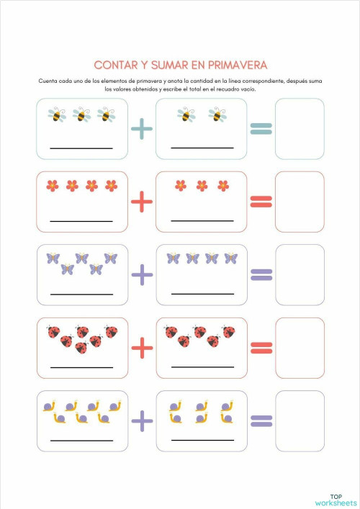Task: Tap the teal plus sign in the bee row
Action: click(x=142, y=130)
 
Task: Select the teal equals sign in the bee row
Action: click(x=261, y=129)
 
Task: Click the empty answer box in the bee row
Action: click(x=300, y=129)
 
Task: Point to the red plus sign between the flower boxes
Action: click(x=142, y=202)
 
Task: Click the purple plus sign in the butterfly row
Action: click(x=142, y=274)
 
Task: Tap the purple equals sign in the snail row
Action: click(x=261, y=420)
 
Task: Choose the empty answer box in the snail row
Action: click(x=300, y=420)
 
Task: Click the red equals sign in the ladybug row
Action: click(x=261, y=348)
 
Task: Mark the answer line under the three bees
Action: click(x=81, y=148)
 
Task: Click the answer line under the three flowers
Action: click(x=202, y=221)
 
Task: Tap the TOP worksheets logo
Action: click(x=336, y=499)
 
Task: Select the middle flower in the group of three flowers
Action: click(x=202, y=186)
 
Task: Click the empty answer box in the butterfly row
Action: click(x=300, y=275)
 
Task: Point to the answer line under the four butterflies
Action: click(x=202, y=294)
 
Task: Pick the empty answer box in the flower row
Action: click(x=300, y=202)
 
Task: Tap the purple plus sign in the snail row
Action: click(x=142, y=420)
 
